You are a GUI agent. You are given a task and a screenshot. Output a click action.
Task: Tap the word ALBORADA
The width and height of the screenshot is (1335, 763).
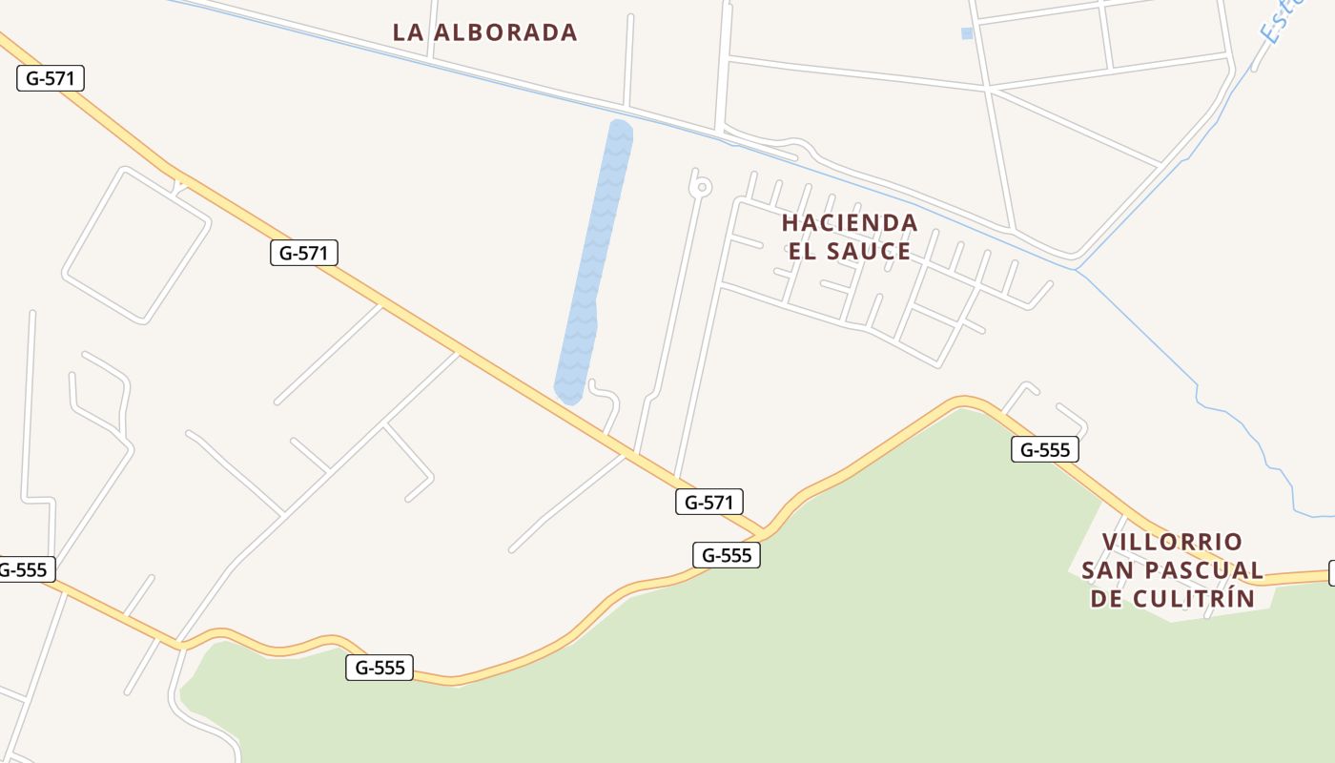[505, 32]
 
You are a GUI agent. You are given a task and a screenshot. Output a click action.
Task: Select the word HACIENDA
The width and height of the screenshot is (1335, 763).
[850, 223]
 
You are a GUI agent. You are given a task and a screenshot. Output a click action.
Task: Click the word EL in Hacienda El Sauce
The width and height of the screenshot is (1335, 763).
[805, 252]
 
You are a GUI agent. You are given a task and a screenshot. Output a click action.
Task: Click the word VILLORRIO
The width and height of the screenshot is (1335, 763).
[1172, 543]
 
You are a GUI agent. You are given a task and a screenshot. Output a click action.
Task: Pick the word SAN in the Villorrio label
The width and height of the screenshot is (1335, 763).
[1105, 571]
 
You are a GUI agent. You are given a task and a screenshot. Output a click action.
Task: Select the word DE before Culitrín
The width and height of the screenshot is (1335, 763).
[1107, 599]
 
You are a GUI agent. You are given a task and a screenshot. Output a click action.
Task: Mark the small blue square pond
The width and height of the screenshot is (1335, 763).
[967, 33]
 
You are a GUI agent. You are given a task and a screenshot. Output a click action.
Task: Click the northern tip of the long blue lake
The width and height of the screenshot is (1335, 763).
[621, 125]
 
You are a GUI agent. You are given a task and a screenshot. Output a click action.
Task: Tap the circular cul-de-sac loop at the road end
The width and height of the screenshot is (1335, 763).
[702, 186]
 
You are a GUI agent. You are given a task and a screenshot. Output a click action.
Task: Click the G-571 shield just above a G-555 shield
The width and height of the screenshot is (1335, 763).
[709, 502]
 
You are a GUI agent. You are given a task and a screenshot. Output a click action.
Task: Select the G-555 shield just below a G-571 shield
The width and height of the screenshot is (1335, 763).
[726, 555]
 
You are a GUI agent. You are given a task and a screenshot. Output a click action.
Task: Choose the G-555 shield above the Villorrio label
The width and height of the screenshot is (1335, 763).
[1044, 449]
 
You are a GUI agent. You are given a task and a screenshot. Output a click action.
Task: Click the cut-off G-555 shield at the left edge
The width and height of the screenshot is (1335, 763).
[24, 570]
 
